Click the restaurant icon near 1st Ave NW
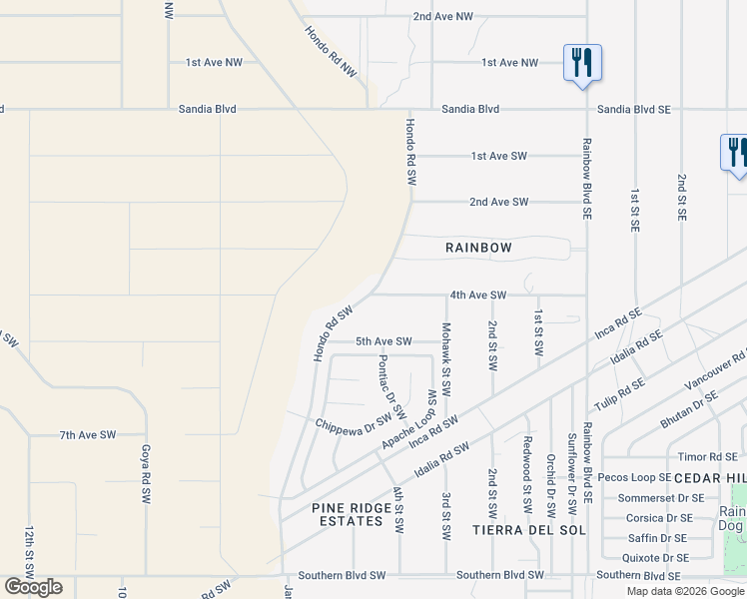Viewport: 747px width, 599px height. [x=580, y=63]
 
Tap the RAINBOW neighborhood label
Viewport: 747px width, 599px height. [x=478, y=248]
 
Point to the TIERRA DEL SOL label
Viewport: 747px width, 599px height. [x=511, y=529]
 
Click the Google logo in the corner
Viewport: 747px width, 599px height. [x=33, y=587]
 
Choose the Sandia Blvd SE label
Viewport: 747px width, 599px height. [x=633, y=109]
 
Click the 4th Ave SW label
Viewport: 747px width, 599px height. [x=478, y=296]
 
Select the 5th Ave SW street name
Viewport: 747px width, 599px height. [x=383, y=341]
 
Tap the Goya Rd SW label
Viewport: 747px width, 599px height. [x=146, y=473]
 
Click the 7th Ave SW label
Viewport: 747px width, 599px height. [x=88, y=435]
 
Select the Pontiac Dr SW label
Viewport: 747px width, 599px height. [x=391, y=385]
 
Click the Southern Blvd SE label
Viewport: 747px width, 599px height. [x=638, y=575]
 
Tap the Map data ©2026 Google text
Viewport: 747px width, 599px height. [x=685, y=591]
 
